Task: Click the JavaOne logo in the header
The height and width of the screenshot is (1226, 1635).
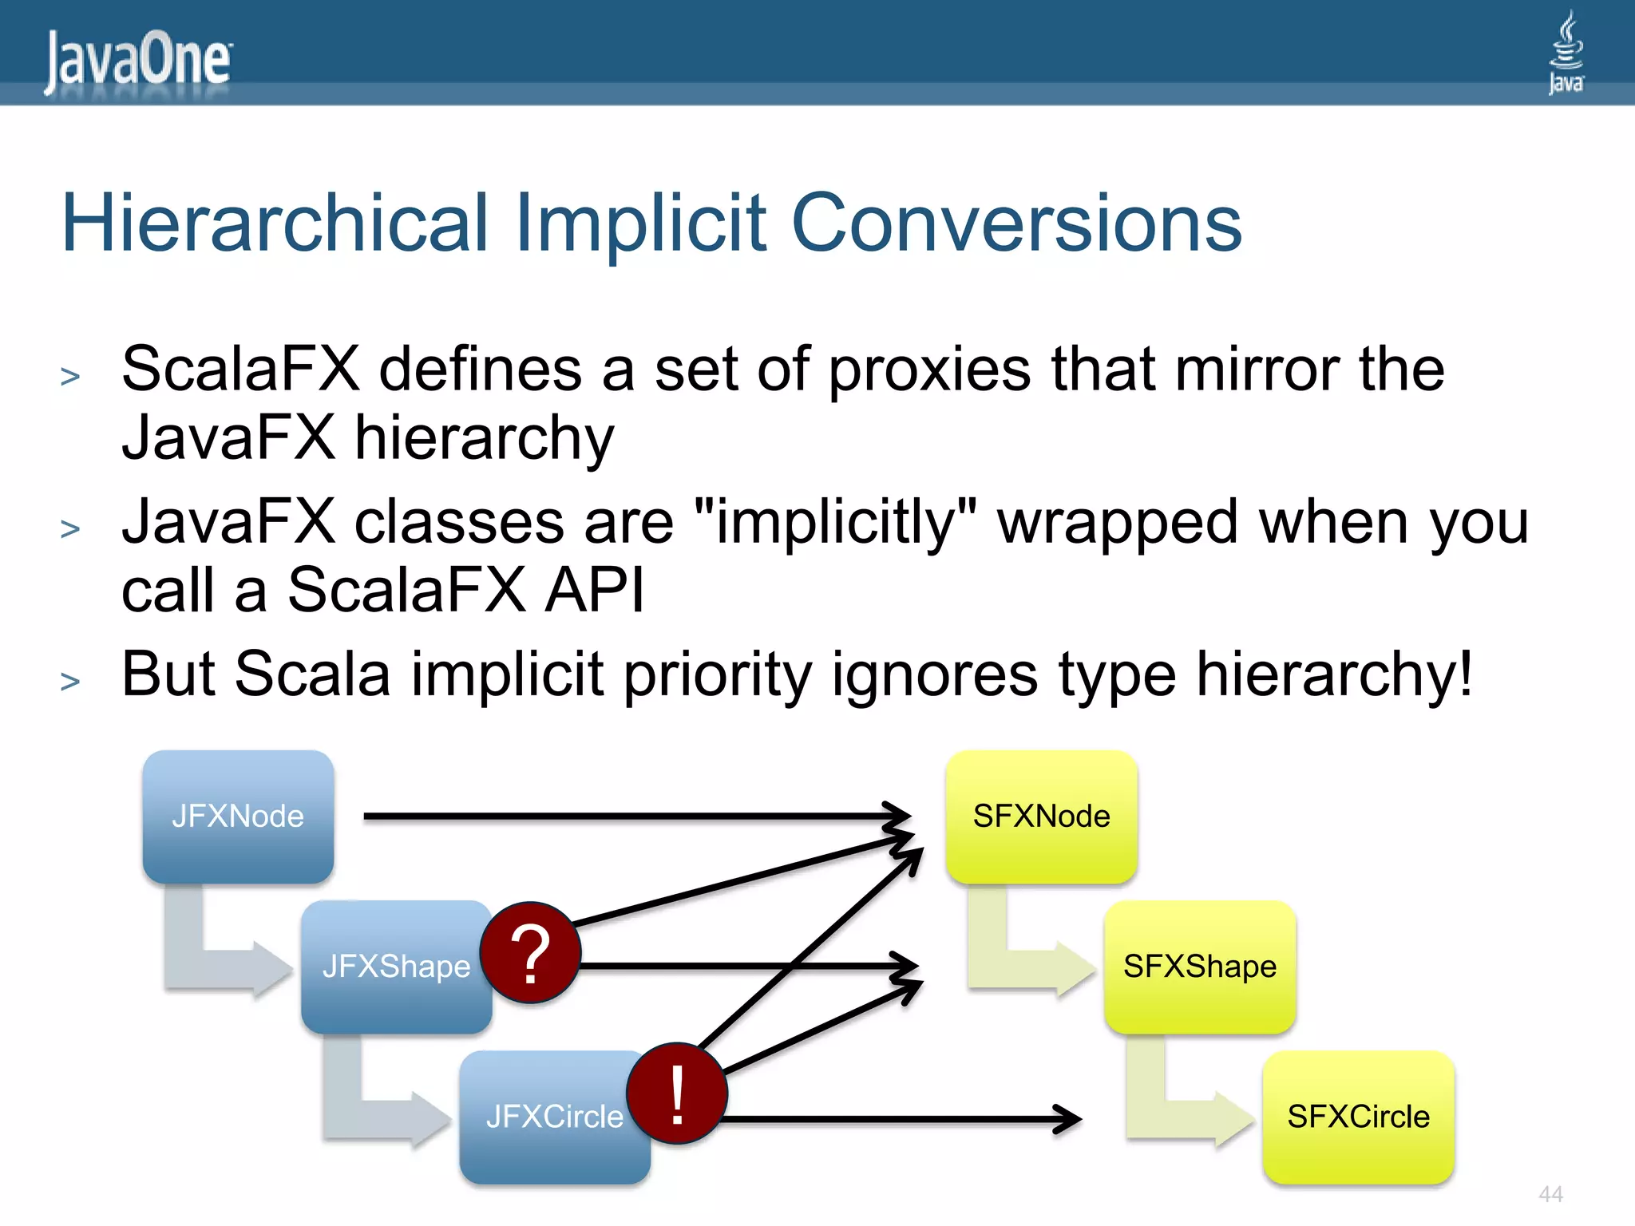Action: (x=137, y=61)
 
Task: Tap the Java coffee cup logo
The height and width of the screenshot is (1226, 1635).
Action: (x=1566, y=52)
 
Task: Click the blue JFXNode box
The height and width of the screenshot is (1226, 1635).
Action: (x=238, y=816)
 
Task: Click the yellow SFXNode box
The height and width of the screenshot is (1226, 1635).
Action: (x=1041, y=816)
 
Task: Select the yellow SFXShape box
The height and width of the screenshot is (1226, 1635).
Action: (x=1199, y=967)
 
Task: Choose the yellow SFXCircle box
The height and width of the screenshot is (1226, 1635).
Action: (x=1358, y=1117)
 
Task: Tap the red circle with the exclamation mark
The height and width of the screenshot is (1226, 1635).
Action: (x=677, y=1094)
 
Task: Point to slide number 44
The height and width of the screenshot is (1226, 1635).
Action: (x=1550, y=1194)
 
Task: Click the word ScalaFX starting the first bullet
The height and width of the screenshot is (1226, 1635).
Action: (x=240, y=370)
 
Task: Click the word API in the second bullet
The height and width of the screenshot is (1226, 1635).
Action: (x=594, y=591)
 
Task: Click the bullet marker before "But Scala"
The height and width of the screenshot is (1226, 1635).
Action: (x=70, y=682)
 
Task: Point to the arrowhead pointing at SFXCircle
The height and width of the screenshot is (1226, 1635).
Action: (x=1070, y=1119)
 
